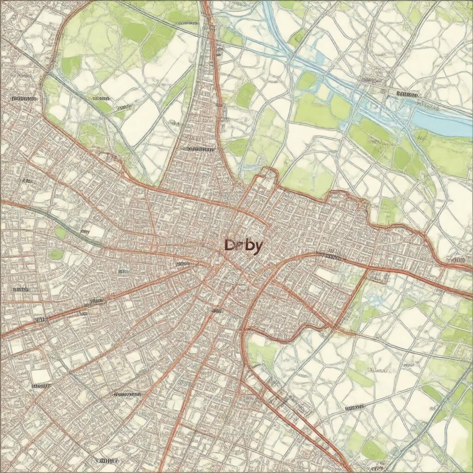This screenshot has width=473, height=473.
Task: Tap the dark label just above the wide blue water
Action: (x=407, y=95)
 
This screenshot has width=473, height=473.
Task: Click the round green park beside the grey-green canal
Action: (x=61, y=232)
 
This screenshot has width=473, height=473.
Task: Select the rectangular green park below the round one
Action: (x=56, y=254)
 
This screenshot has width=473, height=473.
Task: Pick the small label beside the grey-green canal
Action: (x=85, y=231)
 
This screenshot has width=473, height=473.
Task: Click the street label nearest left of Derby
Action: (x=183, y=264)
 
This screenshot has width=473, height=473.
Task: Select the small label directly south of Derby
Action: (x=216, y=310)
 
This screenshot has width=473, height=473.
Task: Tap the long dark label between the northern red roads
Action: (x=198, y=149)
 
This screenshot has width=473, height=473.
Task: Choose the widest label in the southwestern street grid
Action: (x=127, y=394)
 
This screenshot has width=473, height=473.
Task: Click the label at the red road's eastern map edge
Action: (x=457, y=260)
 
